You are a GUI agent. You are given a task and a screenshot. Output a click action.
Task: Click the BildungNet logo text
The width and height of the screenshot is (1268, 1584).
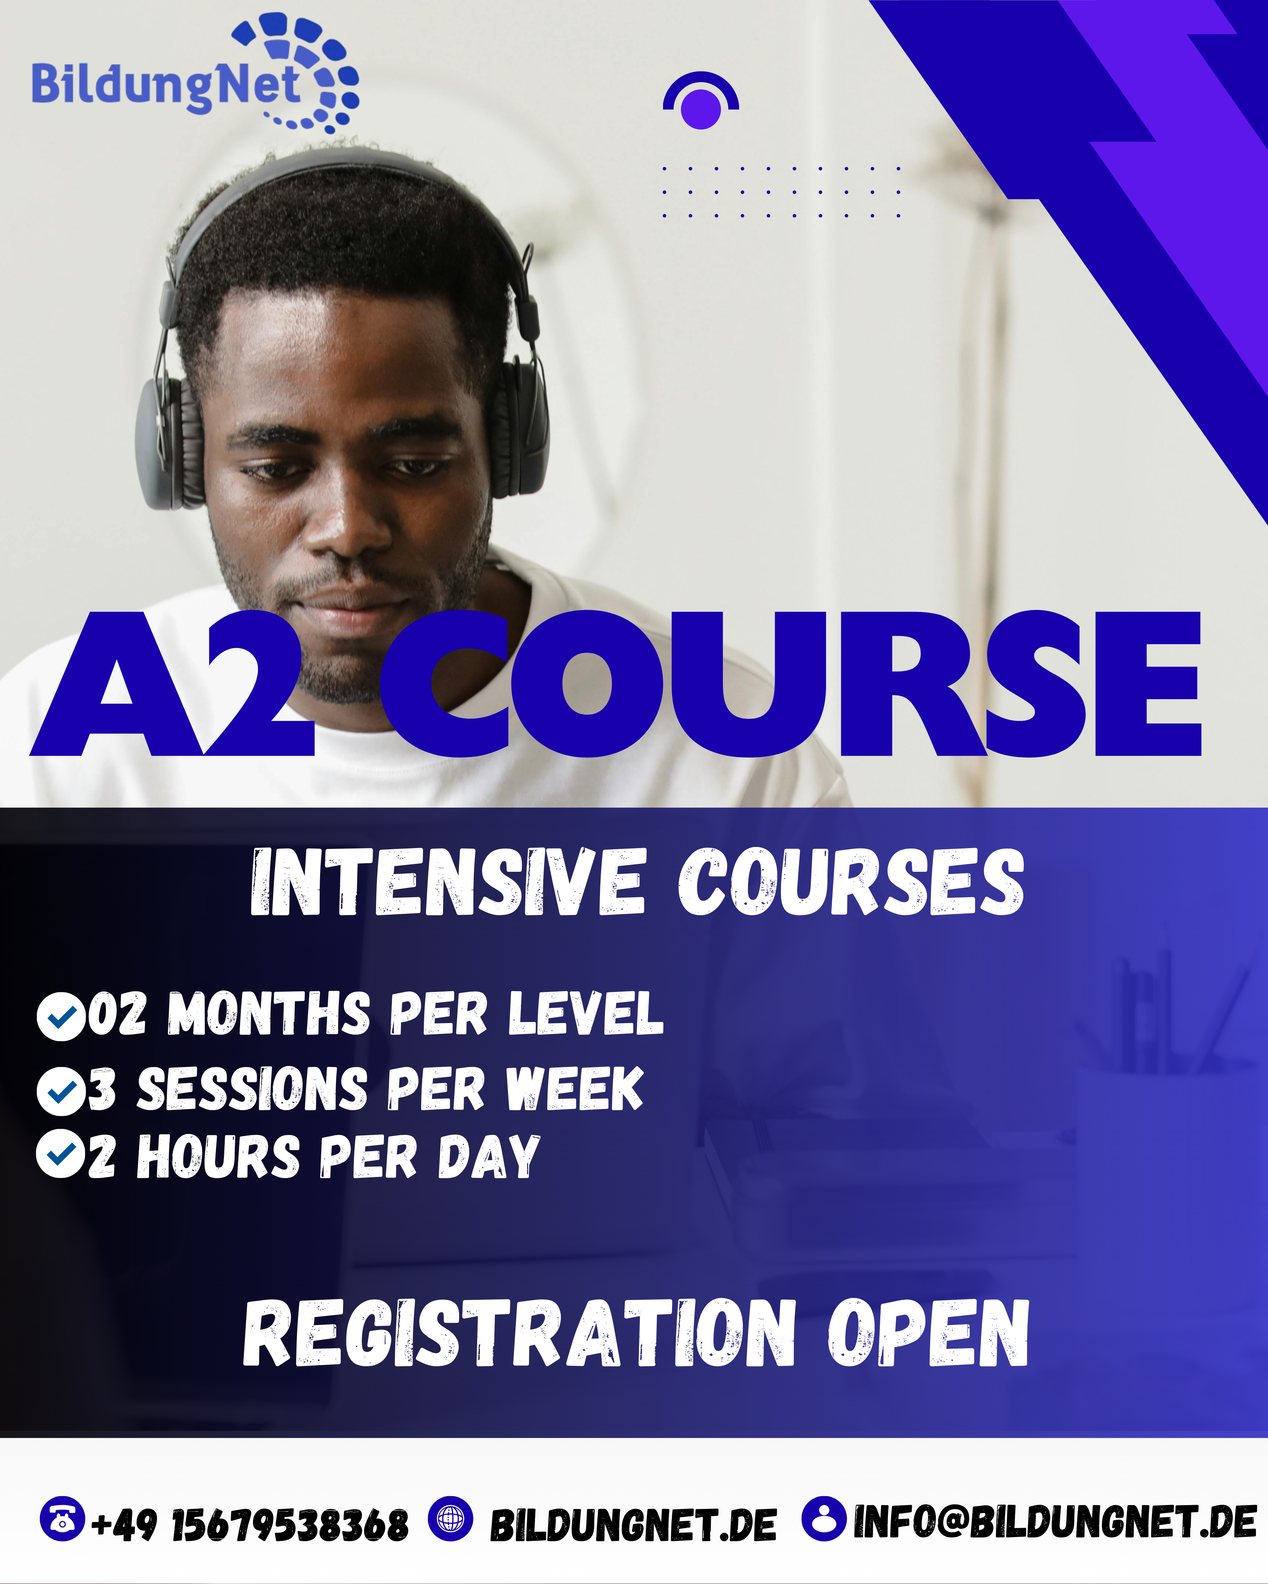(x=165, y=87)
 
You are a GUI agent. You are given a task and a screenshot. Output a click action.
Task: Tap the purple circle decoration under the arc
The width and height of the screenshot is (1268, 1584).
(x=701, y=109)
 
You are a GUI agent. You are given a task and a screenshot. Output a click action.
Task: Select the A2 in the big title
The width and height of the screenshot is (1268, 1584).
(x=173, y=684)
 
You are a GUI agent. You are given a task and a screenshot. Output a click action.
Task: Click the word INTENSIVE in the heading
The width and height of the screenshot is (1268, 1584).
(x=448, y=882)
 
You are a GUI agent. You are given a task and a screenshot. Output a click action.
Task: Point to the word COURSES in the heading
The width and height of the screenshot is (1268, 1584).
(x=851, y=882)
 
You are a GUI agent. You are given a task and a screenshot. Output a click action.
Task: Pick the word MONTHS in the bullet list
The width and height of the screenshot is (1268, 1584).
(x=269, y=1014)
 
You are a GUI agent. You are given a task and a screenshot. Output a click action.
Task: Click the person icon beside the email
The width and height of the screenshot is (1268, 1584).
(x=824, y=1518)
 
